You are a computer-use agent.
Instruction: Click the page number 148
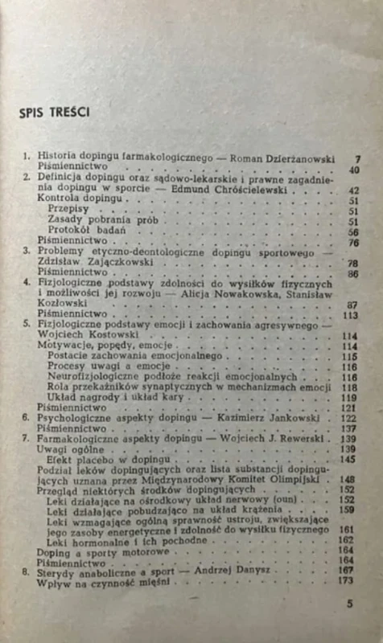coord(351,481)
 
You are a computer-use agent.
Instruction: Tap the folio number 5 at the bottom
coord(348,625)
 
